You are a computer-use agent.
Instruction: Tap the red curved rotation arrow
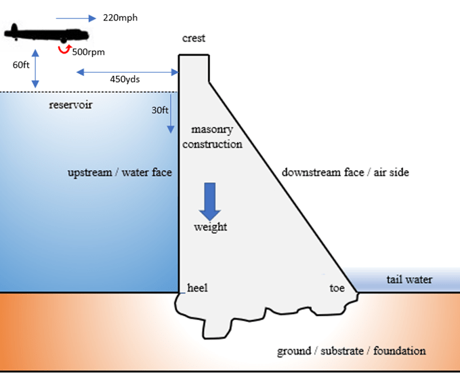point(64,49)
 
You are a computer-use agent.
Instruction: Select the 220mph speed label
point(120,18)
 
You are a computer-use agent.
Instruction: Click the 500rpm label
point(88,52)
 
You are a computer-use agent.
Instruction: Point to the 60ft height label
point(22,66)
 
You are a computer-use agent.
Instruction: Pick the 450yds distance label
point(125,79)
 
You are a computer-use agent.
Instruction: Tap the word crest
point(194,39)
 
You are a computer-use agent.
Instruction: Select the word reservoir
point(70,105)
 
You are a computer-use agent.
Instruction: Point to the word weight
point(210,227)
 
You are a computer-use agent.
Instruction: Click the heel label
point(197,288)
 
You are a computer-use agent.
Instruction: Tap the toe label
point(337,288)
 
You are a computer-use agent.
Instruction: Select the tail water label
point(409,279)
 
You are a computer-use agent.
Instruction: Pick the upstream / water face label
point(120,172)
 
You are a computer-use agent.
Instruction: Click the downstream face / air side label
point(345,172)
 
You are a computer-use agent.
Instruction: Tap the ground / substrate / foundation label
point(352,351)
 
